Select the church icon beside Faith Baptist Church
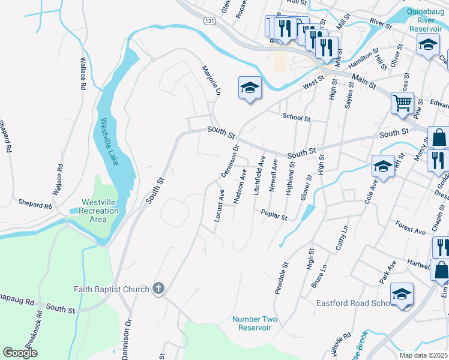(x=158, y=289)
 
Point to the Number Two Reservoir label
(x=255, y=323)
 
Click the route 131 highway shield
(x=209, y=20)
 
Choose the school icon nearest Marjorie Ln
(x=250, y=88)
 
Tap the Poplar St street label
(x=274, y=214)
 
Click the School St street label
(x=296, y=119)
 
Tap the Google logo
(x=20, y=352)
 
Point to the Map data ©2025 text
(x=423, y=355)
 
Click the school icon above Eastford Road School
(x=402, y=293)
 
